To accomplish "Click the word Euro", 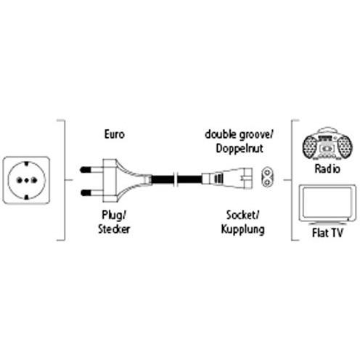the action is tap(115, 134).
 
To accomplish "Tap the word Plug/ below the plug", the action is tap(114, 215).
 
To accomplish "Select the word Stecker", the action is tap(114, 229).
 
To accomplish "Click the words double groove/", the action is tap(239, 135).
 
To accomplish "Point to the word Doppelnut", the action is tap(240, 148).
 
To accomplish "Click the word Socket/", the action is tap(242, 215).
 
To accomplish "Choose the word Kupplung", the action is tap(242, 229).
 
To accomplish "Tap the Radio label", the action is tap(327, 168).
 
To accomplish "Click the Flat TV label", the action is tap(327, 233).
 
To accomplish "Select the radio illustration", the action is tap(327, 144).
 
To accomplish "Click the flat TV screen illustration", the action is tap(327, 202).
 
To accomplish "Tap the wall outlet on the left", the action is tap(26, 180).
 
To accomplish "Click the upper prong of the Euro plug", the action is tap(91, 170).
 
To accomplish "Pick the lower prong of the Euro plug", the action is tap(91, 193).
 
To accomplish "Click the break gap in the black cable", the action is tap(176, 179).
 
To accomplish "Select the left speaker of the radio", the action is tap(311, 147).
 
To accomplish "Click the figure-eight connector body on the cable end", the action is tap(227, 179).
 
